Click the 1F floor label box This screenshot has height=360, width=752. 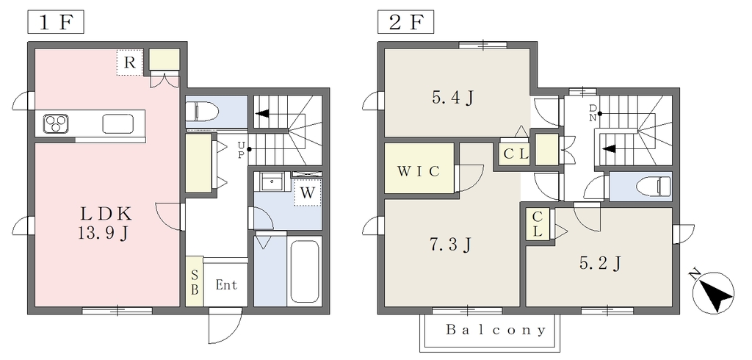click(56, 23)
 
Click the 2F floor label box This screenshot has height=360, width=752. click(405, 23)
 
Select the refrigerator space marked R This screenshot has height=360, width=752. click(129, 62)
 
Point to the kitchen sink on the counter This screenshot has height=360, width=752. click(119, 124)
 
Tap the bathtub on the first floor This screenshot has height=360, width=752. click(305, 270)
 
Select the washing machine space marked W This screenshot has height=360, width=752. click(308, 192)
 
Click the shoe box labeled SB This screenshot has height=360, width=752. click(195, 282)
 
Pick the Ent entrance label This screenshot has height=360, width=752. click(226, 285)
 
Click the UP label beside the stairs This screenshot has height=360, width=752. click(241, 149)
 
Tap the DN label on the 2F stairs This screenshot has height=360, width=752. click(593, 113)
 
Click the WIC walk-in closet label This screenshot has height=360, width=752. click(418, 171)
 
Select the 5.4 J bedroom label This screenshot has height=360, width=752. click(452, 98)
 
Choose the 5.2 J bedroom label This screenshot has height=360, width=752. click(601, 262)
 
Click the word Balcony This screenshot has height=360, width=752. click(496, 330)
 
